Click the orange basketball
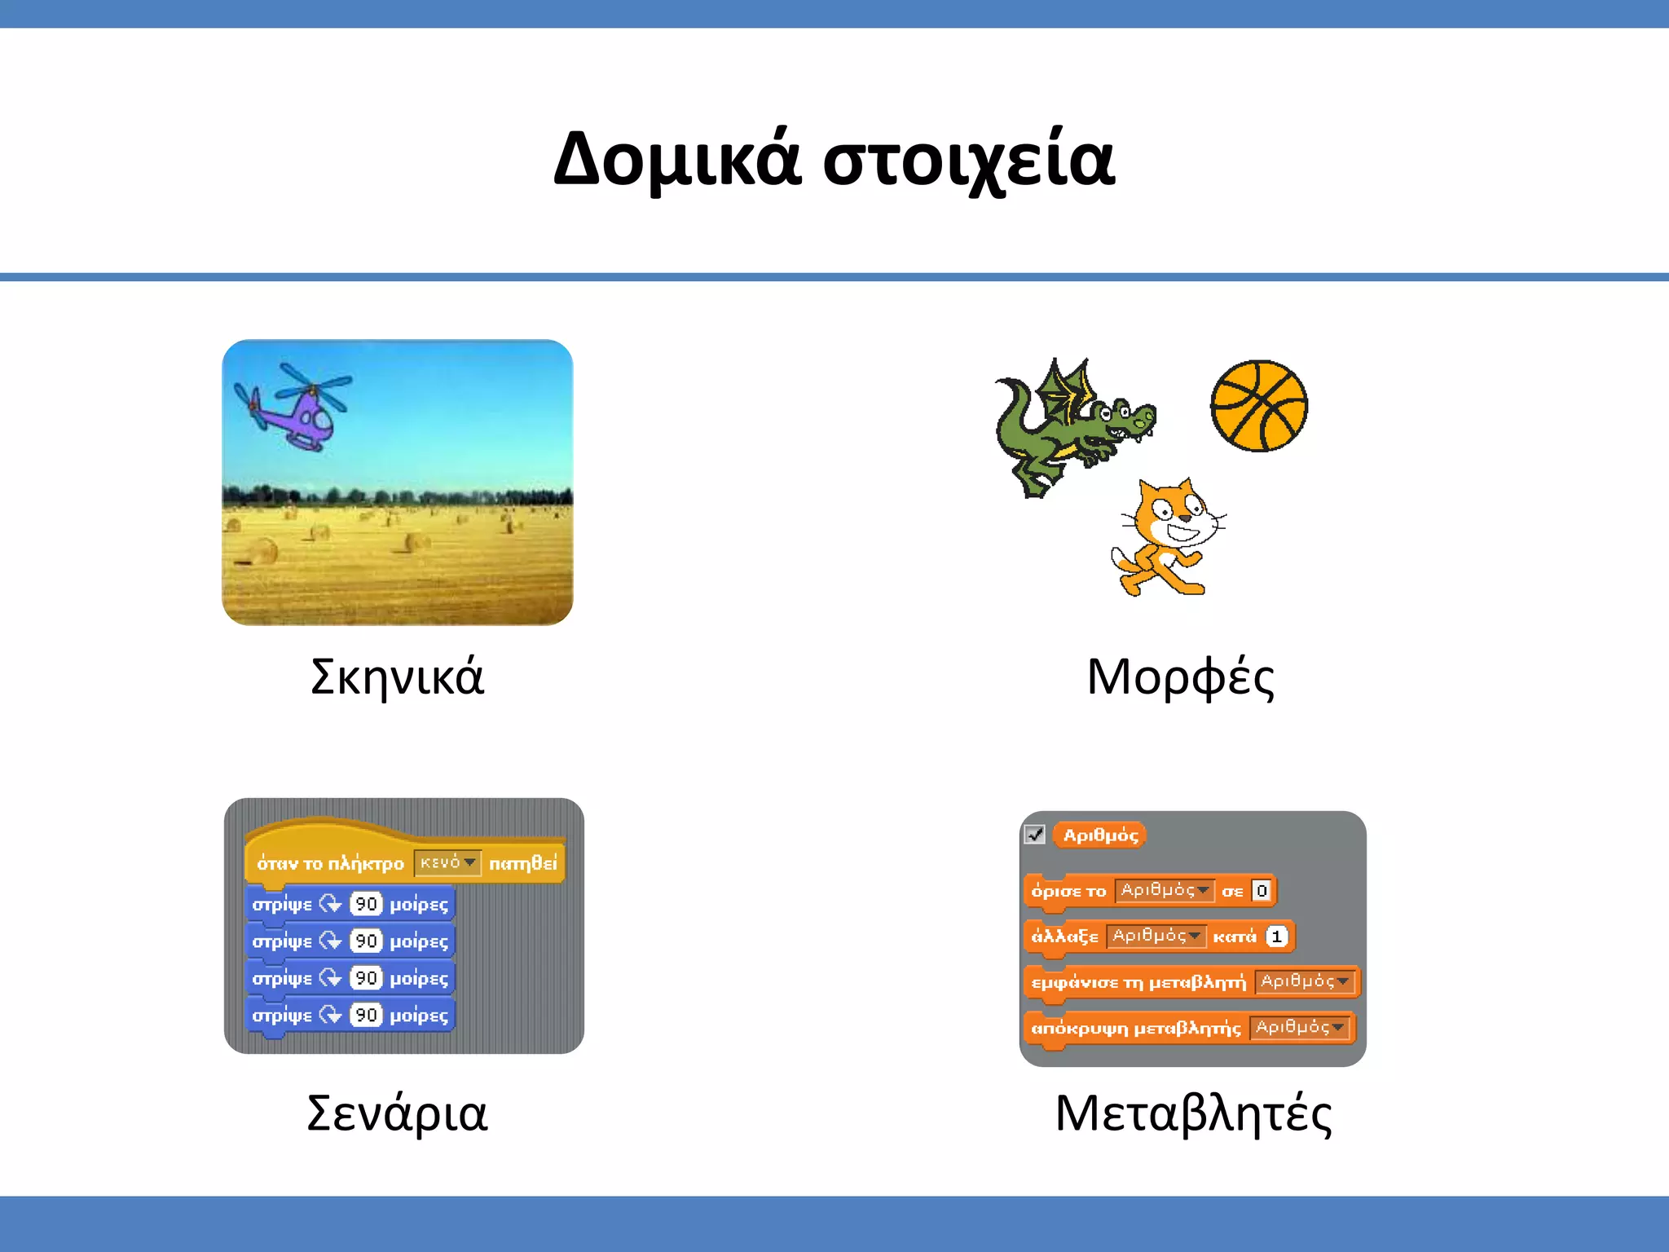point(1258,406)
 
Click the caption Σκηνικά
point(398,677)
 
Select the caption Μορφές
point(1180,677)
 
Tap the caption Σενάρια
point(397,1113)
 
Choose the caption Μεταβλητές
point(1193,1113)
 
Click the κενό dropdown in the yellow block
point(447,863)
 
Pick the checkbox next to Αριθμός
point(1035,835)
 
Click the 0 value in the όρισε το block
point(1262,891)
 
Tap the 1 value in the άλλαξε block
point(1277,937)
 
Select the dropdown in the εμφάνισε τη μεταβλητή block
point(1304,982)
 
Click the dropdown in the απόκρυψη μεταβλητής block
point(1299,1028)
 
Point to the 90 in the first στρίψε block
point(366,904)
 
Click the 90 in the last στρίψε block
point(366,1016)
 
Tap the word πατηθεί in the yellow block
point(523,863)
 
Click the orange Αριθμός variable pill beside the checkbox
point(1100,835)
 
